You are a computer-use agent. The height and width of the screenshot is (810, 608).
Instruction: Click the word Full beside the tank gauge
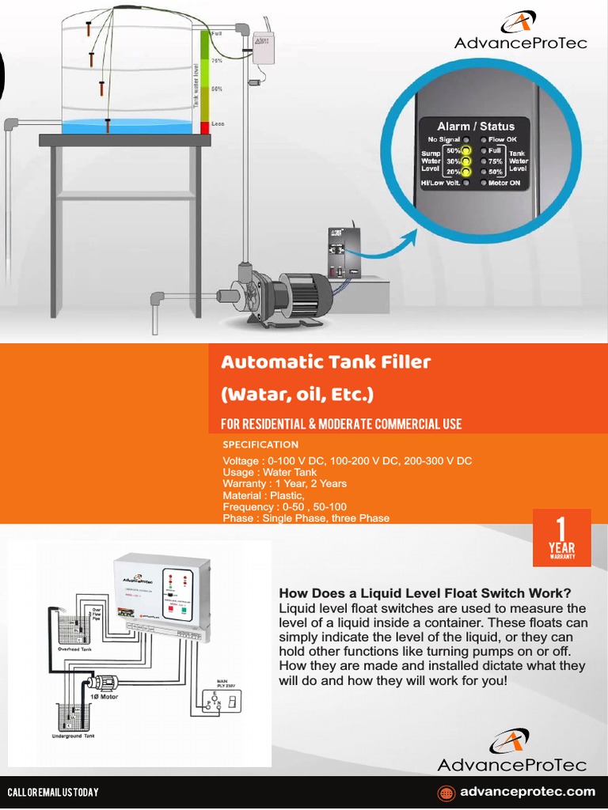[217, 34]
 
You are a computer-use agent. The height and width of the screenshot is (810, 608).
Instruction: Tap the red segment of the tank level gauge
[204, 127]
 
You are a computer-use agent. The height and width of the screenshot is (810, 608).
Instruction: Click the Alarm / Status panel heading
[476, 126]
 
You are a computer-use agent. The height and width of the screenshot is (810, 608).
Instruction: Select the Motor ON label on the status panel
[504, 183]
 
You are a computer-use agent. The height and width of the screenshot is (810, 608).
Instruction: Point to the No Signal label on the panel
[443, 139]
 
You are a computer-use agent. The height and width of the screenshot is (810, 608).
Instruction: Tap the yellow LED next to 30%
[466, 161]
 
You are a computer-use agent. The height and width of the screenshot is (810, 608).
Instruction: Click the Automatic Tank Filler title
[325, 362]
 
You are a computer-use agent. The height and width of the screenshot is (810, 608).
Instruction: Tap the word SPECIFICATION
[260, 445]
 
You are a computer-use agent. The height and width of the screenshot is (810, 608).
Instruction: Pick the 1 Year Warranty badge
[561, 538]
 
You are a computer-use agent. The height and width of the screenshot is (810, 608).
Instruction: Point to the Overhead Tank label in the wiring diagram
[77, 648]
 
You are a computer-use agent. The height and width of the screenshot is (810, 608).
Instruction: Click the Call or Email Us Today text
[52, 793]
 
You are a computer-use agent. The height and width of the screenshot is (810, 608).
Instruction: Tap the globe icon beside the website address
[447, 792]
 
